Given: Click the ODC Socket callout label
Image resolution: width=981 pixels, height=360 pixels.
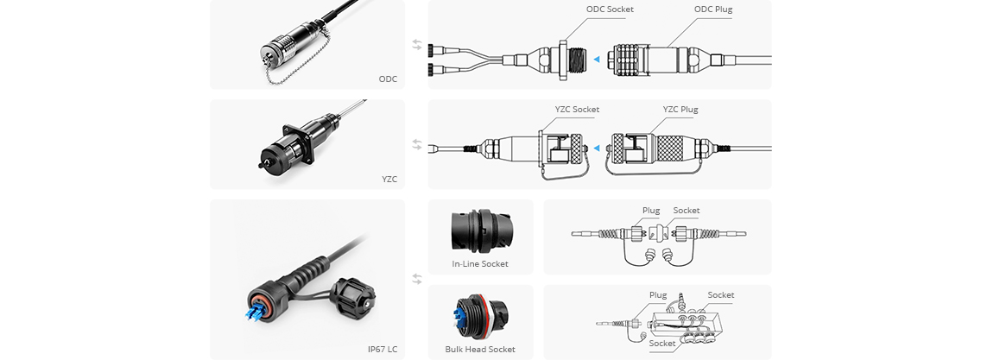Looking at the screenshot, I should point(610,9).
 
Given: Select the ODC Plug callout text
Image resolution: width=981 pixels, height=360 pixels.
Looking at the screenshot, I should point(713,9).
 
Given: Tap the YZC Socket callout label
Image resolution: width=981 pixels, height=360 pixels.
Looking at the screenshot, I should point(577,110).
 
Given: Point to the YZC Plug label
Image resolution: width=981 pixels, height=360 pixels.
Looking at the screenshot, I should point(680,110).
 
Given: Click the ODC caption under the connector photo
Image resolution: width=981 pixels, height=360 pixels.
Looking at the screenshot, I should point(388,79).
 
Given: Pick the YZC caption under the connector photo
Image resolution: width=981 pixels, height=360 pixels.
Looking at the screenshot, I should point(389,180).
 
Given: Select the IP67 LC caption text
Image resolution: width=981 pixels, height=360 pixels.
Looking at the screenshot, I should point(382,349).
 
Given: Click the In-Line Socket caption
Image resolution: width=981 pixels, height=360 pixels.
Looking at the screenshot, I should point(480,263).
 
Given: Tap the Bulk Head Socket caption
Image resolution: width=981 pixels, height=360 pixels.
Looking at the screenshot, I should point(480,349).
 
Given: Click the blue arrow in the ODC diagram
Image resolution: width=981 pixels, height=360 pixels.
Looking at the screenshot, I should point(595,59).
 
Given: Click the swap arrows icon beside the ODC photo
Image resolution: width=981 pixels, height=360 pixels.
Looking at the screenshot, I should point(417,44).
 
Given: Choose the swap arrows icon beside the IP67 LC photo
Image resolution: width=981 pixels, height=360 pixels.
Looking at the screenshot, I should point(417,279).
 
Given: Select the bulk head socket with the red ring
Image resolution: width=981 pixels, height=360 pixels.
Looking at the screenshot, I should point(473,317).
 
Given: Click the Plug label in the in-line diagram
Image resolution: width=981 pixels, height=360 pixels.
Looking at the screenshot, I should point(651,210).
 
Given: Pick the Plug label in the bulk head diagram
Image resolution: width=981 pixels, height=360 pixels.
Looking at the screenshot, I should point(658,294).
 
